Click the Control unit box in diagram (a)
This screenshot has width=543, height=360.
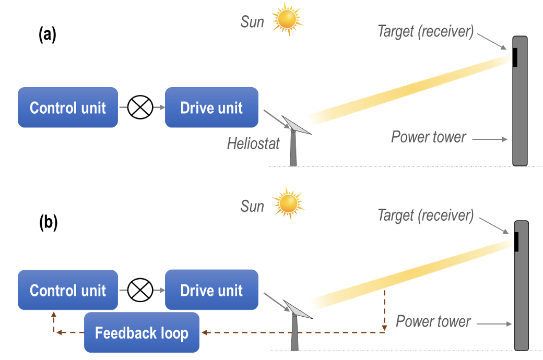[68, 107]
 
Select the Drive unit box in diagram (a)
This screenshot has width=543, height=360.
[211, 107]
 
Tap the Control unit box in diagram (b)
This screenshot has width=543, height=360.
[68, 290]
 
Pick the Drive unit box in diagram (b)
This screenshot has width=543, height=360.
[211, 290]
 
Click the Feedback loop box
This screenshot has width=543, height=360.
[141, 332]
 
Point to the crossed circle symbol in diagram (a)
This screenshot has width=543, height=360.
[141, 107]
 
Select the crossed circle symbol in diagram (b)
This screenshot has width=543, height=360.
[141, 290]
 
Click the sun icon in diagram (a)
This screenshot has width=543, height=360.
[288, 19]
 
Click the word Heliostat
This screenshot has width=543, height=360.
[253, 143]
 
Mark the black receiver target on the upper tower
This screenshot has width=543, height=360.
[515, 57]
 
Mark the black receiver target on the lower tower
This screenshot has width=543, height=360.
[516, 242]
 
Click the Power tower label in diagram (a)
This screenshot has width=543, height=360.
[429, 137]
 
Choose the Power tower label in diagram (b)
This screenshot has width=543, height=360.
[433, 321]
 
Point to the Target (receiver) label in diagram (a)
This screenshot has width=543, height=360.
[426, 31]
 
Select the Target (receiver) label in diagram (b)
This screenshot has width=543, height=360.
[426, 215]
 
